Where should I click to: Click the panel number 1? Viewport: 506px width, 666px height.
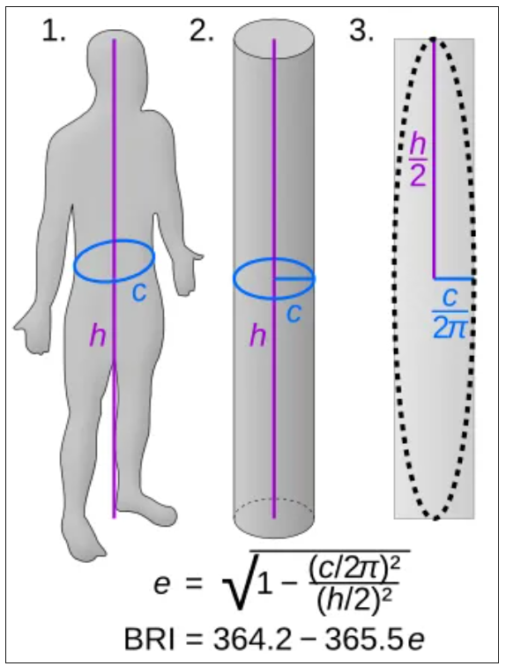click(x=54, y=32)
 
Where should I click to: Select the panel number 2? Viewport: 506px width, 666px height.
click(x=201, y=32)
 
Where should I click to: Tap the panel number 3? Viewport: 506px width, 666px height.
click(x=361, y=32)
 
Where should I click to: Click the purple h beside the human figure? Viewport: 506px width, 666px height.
click(x=97, y=336)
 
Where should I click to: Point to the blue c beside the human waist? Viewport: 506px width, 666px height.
click(x=139, y=292)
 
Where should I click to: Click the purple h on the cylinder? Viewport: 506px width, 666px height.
click(x=257, y=336)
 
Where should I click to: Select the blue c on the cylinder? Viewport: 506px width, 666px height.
click(x=294, y=313)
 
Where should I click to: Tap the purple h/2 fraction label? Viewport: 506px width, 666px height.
click(x=418, y=159)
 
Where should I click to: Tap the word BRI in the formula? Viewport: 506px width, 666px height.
click(x=149, y=639)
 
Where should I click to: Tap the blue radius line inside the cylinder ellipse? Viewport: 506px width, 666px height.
click(x=294, y=279)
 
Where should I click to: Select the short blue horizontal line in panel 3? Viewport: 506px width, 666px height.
click(x=453, y=279)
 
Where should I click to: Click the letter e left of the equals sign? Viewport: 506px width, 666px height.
click(x=162, y=585)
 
